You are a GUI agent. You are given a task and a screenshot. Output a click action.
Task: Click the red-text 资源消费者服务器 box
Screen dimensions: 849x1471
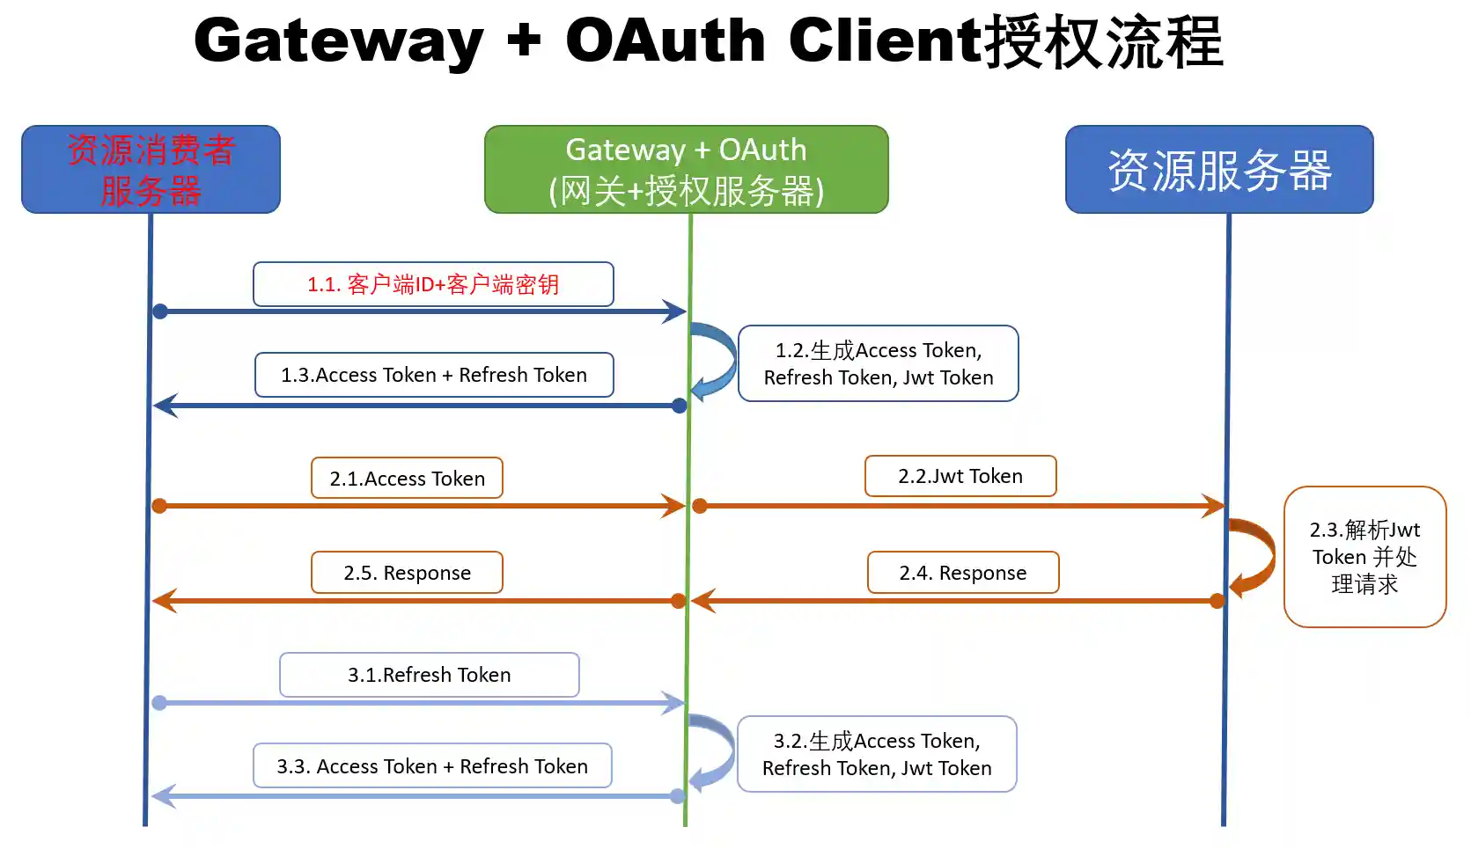[x=151, y=169]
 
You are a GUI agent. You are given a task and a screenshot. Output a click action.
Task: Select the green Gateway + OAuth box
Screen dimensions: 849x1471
[x=686, y=169]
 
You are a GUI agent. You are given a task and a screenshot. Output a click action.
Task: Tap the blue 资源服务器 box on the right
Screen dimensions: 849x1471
[x=1218, y=169]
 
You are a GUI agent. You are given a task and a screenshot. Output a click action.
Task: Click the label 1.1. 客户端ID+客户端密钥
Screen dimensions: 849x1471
[x=433, y=284]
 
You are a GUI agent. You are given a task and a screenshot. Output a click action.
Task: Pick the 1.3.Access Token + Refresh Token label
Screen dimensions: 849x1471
[x=433, y=375]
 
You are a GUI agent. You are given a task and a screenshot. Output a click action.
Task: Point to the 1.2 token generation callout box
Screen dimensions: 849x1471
[x=878, y=363]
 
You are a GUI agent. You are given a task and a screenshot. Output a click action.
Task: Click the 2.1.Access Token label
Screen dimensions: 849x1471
[x=407, y=478]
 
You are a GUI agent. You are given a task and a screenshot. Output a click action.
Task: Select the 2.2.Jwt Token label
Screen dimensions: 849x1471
[x=960, y=476]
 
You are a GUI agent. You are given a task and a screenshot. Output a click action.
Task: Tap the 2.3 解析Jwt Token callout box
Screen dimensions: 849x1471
[x=1364, y=556]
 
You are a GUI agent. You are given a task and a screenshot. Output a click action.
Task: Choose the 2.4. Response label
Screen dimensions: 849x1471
[x=962, y=573]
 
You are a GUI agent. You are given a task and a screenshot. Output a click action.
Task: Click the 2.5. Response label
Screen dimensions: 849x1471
[x=407, y=573]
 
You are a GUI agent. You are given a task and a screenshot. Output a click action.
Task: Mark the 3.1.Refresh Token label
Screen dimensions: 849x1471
[x=429, y=675]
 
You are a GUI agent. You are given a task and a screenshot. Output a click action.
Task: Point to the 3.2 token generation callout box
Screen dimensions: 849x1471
[x=877, y=754]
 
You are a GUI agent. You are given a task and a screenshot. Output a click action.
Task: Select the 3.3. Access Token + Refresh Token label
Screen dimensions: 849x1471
[x=432, y=766]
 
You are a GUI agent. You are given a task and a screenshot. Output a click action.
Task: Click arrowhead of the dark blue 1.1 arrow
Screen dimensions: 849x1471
[x=676, y=311]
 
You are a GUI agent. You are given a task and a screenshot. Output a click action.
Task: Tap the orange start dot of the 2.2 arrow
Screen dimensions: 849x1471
[x=700, y=506]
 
